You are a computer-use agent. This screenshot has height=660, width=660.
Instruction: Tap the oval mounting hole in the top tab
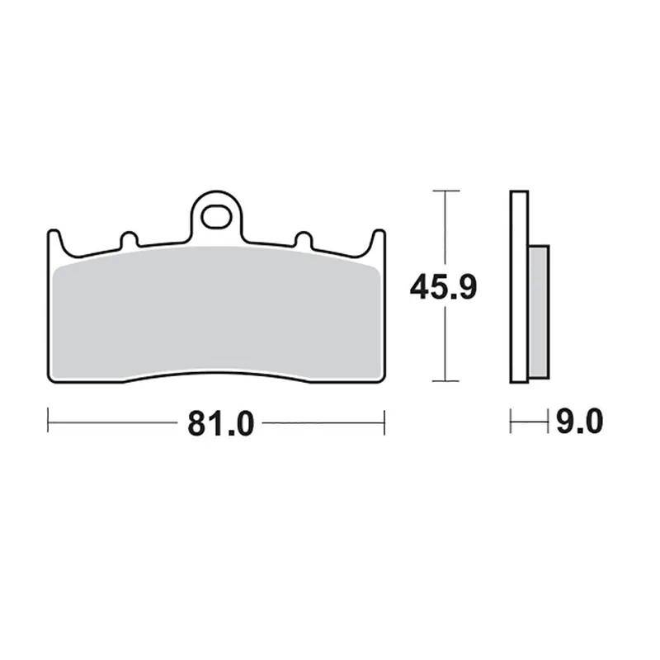point(218,219)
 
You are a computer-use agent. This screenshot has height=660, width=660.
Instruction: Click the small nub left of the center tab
point(128,240)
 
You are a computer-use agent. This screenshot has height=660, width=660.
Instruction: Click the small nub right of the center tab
point(303,240)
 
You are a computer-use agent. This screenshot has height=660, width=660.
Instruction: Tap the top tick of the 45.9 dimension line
point(445,191)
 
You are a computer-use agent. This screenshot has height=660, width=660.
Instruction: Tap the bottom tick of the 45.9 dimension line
point(445,381)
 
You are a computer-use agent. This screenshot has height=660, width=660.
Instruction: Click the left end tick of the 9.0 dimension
point(511,423)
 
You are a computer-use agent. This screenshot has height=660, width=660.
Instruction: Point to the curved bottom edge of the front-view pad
point(216,376)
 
